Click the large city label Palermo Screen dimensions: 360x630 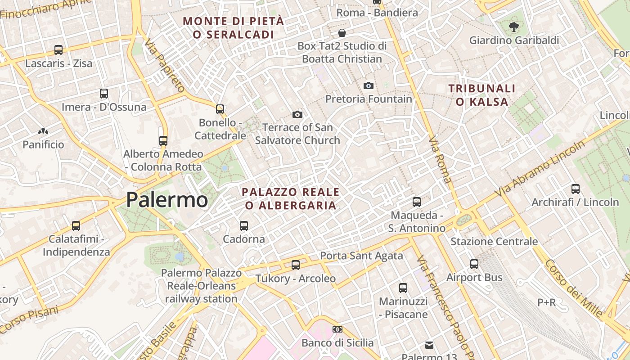click(x=167, y=200)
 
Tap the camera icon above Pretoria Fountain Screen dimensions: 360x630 click(x=369, y=85)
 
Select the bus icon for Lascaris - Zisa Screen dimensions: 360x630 click(x=58, y=50)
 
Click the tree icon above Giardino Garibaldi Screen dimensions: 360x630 click(x=513, y=27)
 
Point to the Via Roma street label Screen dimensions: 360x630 click(x=440, y=160)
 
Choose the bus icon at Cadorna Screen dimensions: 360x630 click(x=244, y=225)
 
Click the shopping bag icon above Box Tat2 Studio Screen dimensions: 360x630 click(x=342, y=33)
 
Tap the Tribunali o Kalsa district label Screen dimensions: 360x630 click(x=482, y=95)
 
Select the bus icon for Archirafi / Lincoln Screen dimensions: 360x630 click(x=575, y=189)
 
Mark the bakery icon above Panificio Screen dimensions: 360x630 click(x=43, y=131)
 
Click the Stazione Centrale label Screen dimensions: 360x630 click(x=494, y=242)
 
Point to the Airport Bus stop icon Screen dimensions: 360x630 click(x=474, y=264)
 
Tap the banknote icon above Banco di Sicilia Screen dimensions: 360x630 click(x=337, y=329)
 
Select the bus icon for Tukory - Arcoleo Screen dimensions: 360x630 click(x=296, y=265)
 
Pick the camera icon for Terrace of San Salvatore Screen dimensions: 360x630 click(x=297, y=114)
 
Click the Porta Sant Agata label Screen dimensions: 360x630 click(x=361, y=256)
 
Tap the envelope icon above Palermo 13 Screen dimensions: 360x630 click(x=429, y=345)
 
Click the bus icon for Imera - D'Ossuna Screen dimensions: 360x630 click(x=104, y=94)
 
